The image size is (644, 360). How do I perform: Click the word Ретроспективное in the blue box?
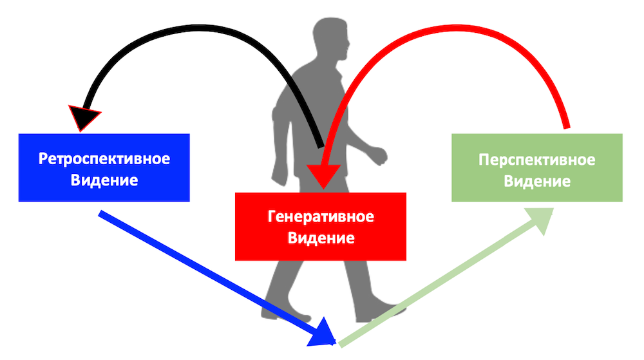point(104,158)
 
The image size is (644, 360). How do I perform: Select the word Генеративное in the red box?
point(321,216)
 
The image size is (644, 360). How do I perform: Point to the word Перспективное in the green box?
point(536,159)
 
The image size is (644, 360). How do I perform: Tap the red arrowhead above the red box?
point(321,175)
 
